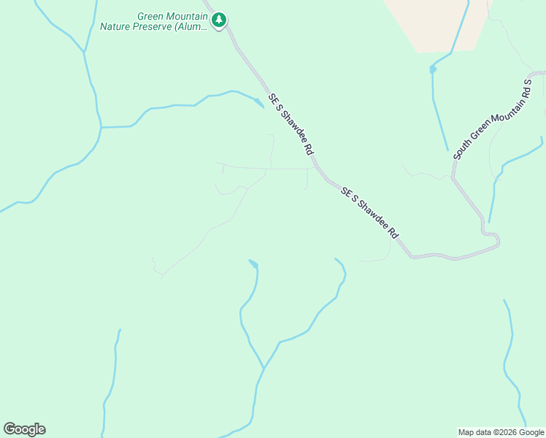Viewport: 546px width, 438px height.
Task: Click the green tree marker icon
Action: click(219, 20)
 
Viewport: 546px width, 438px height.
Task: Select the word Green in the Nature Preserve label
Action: click(152, 16)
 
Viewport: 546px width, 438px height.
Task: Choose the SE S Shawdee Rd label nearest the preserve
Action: click(290, 123)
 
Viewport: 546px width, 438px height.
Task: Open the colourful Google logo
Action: click(24, 429)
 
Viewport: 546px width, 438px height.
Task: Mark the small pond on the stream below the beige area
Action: click(433, 69)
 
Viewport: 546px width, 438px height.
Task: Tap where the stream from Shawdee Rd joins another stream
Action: click(100, 127)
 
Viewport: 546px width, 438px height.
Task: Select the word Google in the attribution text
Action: click(528, 432)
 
